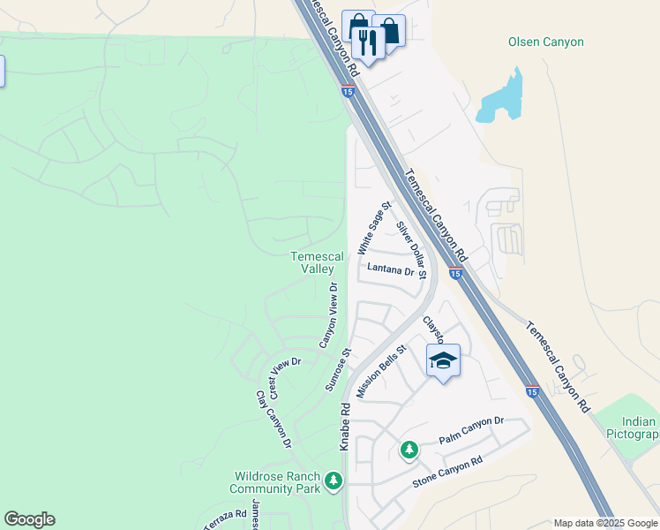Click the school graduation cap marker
443,360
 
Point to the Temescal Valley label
313,262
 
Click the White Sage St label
374,228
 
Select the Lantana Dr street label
386,270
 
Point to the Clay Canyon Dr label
274,419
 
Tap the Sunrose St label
338,369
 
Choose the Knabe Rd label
346,427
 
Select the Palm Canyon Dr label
471,431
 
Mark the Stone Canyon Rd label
448,473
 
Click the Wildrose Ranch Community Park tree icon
333,481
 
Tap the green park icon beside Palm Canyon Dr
409,450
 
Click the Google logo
29,519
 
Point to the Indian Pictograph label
633,428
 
